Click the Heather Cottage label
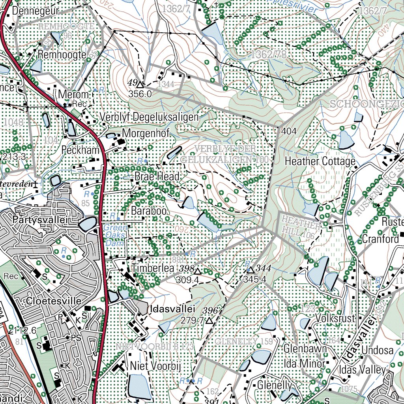(x=320, y=161)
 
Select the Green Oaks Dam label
(x=116, y=235)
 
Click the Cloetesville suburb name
(x=54, y=301)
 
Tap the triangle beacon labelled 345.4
(x=251, y=271)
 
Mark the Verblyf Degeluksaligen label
(x=149, y=117)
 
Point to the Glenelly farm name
(x=275, y=385)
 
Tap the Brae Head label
(x=157, y=176)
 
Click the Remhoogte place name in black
(x=62, y=55)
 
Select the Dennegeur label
(x=36, y=11)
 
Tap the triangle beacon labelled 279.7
(x=209, y=321)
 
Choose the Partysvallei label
(x=41, y=219)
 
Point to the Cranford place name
(x=380, y=239)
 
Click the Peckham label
(x=80, y=150)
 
